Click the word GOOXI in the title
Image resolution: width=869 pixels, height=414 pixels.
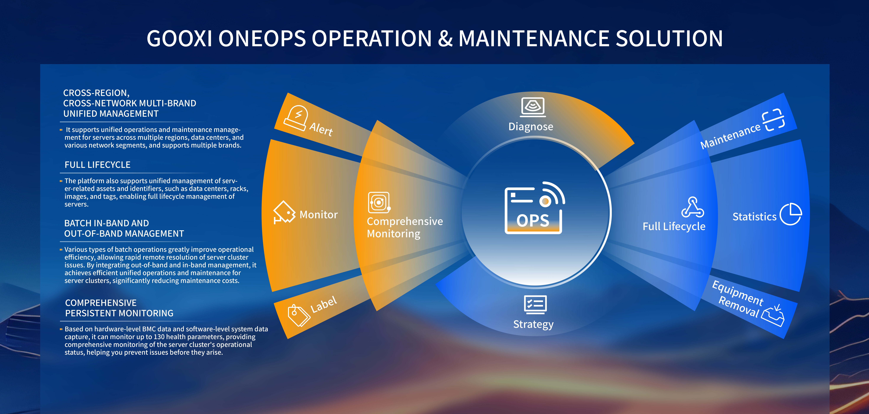coord(179,38)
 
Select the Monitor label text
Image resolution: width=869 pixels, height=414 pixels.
coord(318,215)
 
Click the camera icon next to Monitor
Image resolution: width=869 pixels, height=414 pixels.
coord(284,212)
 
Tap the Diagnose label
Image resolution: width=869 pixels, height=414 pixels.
coord(531,127)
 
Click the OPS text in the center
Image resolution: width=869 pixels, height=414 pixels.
coord(533,221)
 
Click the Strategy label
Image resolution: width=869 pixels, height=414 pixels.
coord(533,324)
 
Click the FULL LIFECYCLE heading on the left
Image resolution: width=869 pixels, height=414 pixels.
coord(98,165)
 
